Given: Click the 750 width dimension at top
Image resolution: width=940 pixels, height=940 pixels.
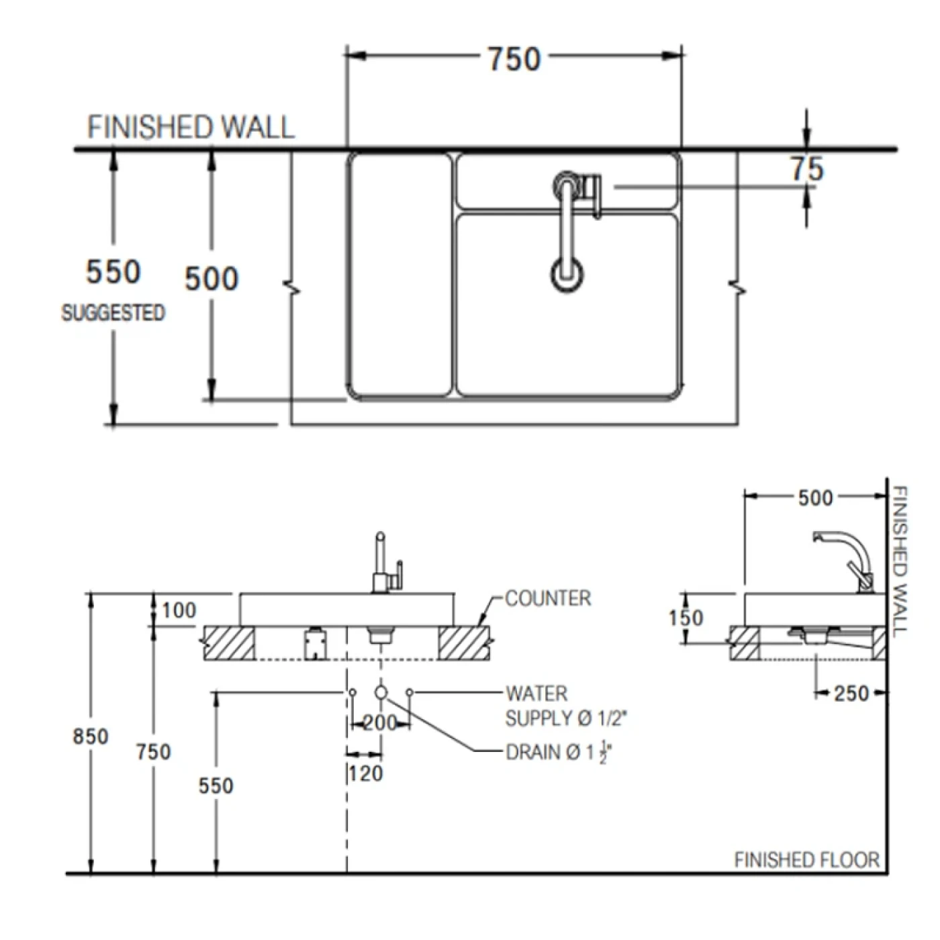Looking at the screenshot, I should pos(514,59).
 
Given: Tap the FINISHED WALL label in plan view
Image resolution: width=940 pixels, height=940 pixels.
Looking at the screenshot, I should pos(191,128).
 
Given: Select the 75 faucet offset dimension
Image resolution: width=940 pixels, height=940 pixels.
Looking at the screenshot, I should pos(806,169).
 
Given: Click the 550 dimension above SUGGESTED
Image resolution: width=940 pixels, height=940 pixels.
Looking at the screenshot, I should pos(113,272).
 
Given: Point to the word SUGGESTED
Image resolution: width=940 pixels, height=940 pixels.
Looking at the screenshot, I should pos(113,313).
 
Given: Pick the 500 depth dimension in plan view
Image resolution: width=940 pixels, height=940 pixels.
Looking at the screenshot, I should pos(211,279).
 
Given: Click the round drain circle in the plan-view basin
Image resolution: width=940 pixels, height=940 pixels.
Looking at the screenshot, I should pos(567,274).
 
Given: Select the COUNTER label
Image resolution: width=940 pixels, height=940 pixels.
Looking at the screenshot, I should pos(548,598).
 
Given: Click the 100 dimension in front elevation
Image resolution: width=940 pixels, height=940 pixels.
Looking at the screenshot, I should pos(179,610).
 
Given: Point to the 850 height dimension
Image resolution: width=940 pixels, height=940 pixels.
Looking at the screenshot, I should pos(91,737).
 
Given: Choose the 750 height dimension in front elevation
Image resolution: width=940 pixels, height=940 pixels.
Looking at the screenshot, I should pos(154,752).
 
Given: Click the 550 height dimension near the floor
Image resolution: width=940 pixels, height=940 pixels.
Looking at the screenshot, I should pos(216,786).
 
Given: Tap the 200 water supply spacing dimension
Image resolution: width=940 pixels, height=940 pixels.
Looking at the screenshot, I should pos(380,723).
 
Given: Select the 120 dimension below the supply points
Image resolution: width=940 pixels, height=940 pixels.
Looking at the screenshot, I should pos(365,773).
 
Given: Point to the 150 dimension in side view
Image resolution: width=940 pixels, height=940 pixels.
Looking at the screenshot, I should pos(686,618).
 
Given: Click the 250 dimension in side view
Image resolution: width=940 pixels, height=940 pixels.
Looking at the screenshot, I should pos(851,693).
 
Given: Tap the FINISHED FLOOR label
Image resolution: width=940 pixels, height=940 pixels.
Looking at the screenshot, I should pos(806,860).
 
